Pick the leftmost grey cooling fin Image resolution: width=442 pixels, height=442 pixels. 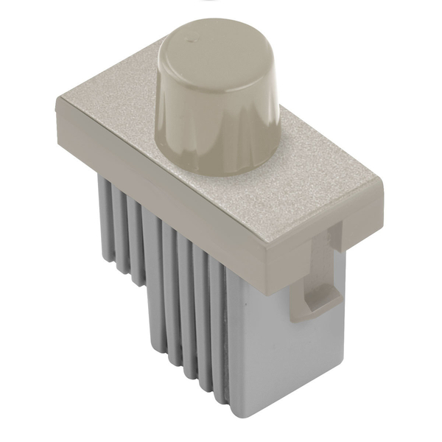point(105,214)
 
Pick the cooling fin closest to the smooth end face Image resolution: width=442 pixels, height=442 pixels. point(218,324)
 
